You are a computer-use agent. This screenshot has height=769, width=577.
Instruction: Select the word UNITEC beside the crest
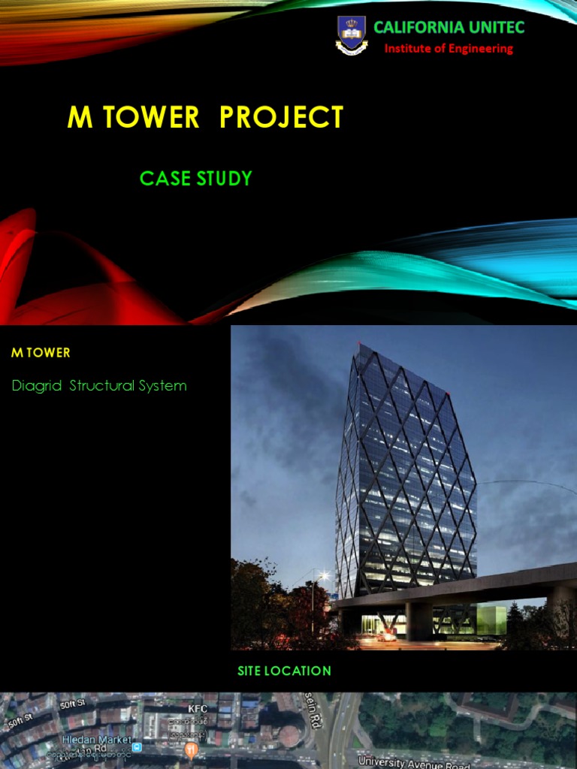tap(496, 28)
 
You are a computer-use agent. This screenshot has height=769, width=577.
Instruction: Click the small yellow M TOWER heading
tap(41, 352)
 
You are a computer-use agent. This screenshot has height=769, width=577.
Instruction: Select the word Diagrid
tap(37, 386)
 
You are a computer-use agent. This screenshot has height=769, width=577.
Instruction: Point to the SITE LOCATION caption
tap(284, 671)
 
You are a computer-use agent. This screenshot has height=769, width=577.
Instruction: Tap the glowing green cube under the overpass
tap(491, 620)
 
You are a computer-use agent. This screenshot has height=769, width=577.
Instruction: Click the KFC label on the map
tap(198, 708)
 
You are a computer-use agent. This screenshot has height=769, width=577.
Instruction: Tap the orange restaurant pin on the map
tap(192, 749)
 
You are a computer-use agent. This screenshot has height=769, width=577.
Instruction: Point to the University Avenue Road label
tap(414, 762)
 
